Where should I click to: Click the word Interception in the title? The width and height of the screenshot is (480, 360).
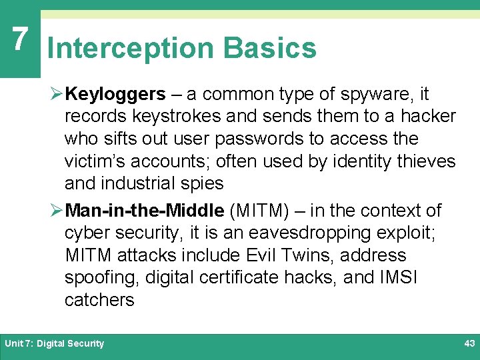131,49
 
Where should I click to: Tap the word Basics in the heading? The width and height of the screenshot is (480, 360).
270,49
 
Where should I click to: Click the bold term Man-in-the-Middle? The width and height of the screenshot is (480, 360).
145,211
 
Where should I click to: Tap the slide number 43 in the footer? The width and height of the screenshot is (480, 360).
469,343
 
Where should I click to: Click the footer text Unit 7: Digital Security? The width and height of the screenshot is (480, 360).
54,343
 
